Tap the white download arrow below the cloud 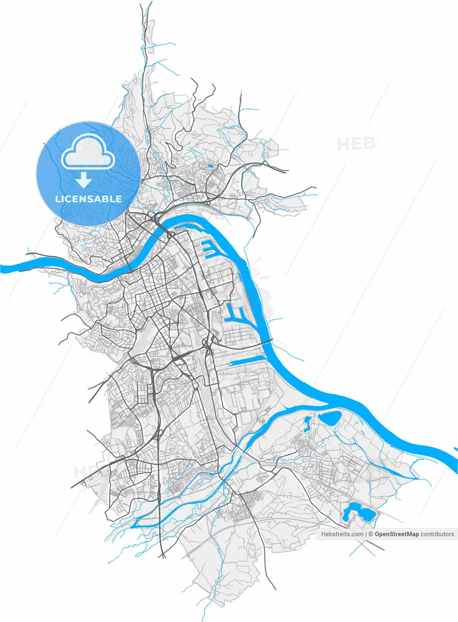pyautogui.click(x=84, y=180)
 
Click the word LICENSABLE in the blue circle pyautogui.click(x=88, y=199)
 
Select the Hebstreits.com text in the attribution pyautogui.click(x=342, y=534)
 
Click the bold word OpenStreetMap pyautogui.click(x=396, y=534)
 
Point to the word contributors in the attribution pyautogui.click(x=437, y=534)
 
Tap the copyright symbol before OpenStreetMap pyautogui.click(x=371, y=534)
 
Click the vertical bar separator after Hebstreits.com pyautogui.click(x=365, y=534)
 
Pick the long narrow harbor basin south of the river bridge pyautogui.click(x=246, y=362)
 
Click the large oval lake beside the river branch pyautogui.click(x=329, y=416)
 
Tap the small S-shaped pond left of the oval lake pyautogui.click(x=307, y=424)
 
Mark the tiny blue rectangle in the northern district pyautogui.click(x=210, y=166)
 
